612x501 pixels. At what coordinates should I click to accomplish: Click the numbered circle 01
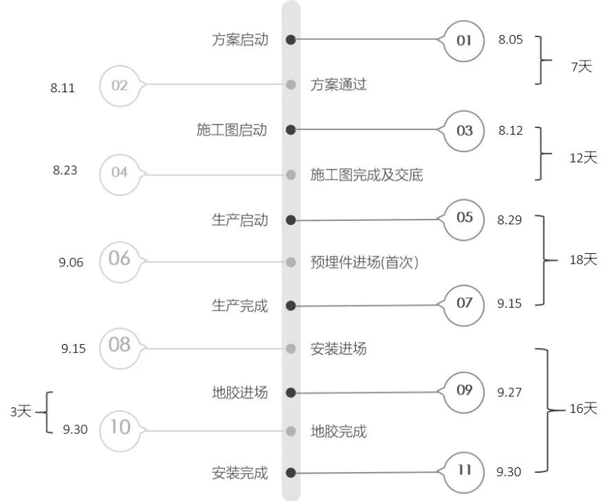(x=464, y=40)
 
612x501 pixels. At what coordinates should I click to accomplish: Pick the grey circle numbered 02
(x=120, y=85)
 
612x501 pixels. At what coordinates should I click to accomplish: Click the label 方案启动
(x=240, y=40)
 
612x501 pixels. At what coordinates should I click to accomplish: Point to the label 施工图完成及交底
(x=366, y=175)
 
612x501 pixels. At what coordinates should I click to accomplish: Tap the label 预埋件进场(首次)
(x=364, y=262)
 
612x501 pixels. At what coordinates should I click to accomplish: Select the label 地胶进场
(x=240, y=393)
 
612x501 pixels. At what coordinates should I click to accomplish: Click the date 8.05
(x=510, y=40)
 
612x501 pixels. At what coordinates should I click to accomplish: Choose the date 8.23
(x=65, y=171)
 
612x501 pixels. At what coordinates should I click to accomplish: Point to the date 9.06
(x=71, y=262)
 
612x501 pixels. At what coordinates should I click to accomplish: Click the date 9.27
(x=509, y=392)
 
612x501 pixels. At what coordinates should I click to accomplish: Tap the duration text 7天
(x=581, y=67)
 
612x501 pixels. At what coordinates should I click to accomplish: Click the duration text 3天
(x=21, y=412)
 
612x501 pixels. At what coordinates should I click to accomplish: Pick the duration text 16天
(x=583, y=409)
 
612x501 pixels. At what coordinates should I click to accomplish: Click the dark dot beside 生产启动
(x=291, y=220)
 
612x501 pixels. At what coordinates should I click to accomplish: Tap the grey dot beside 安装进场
(x=291, y=348)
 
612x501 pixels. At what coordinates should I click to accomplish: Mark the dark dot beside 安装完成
(x=291, y=473)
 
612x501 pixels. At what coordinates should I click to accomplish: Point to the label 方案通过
(x=338, y=85)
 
